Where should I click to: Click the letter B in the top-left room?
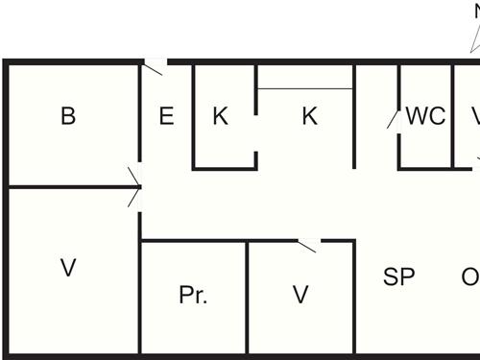[x=68, y=117]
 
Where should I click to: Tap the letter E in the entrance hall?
[x=166, y=117]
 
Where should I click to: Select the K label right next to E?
[x=221, y=117]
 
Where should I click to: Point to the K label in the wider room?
[x=309, y=117]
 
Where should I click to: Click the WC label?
[x=425, y=117]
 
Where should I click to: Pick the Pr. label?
[x=193, y=296]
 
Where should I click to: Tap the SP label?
[x=398, y=277]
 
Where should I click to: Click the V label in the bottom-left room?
[x=68, y=269]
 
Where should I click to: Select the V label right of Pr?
[x=301, y=296]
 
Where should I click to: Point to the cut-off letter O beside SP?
[x=470, y=277]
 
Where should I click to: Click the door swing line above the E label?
[x=155, y=68]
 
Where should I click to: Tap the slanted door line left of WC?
[x=392, y=119]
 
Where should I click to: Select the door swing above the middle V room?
[x=307, y=247]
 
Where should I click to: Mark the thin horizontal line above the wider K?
[x=305, y=89]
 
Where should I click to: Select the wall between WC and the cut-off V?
[x=453, y=115]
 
